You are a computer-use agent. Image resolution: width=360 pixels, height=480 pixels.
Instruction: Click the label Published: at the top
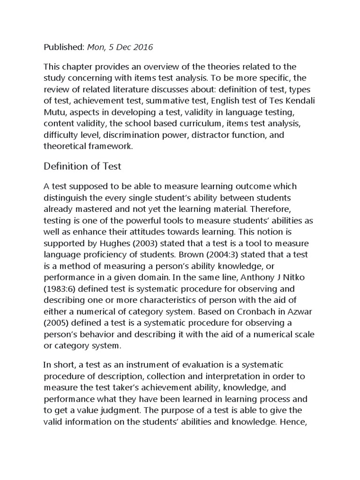(x=63, y=47)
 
